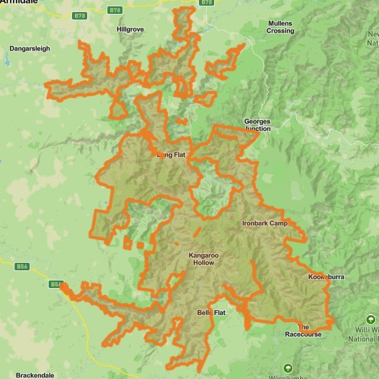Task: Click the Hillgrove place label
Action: click(131, 29)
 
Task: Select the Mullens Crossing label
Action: click(280, 27)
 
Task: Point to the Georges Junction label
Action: click(257, 124)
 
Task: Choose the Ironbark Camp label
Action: click(265, 224)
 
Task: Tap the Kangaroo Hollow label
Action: click(203, 259)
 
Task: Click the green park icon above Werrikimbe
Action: click(289, 368)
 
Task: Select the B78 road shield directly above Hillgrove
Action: click(114, 10)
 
